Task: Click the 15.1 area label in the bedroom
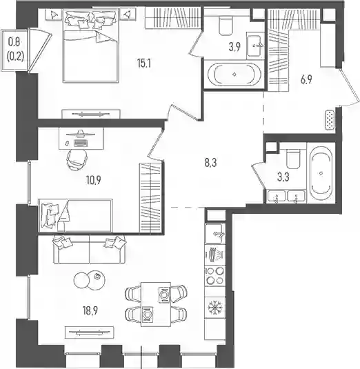point(143,63)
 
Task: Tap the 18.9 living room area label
point(90,310)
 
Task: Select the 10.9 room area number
point(93,180)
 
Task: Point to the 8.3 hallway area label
point(210,163)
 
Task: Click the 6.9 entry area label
point(306,80)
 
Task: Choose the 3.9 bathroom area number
point(234,47)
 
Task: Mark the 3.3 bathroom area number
point(283,177)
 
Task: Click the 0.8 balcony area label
point(14,42)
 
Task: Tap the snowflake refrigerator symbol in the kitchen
point(214,308)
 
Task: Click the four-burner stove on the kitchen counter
point(214,276)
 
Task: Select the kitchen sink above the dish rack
point(214,234)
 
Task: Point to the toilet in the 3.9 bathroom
point(226,25)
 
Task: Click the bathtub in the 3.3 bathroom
point(321,173)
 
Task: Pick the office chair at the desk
point(77,159)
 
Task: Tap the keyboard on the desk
point(81,143)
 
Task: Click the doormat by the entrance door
point(330,120)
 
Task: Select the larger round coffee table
point(95,280)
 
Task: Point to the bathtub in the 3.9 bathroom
point(234,74)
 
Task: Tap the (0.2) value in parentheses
point(16,57)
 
